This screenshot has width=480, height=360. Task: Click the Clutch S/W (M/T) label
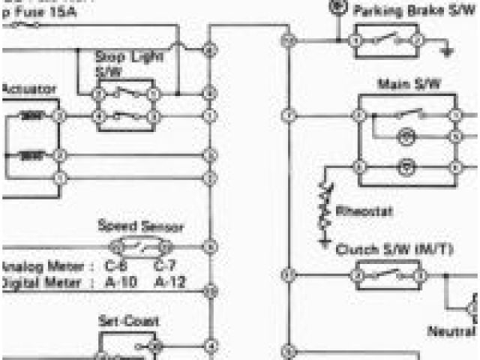[x=394, y=249]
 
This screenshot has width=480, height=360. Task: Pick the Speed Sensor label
[x=141, y=226]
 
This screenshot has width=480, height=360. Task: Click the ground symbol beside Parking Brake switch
[x=448, y=50]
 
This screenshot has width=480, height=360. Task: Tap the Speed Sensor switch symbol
[x=141, y=247]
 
